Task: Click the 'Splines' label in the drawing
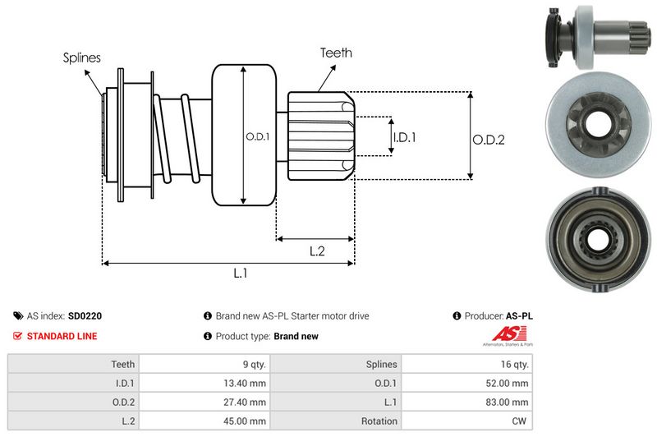pos(81,57)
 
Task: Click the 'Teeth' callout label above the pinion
pos(336,53)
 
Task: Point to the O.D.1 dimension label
pos(257,136)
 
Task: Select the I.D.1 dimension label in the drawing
pos(404,137)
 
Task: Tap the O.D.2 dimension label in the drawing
pos(488,140)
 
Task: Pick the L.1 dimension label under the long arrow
pos(241,274)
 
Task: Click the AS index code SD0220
pos(85,315)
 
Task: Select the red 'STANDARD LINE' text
pos(62,336)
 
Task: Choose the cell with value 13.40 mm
pos(246,383)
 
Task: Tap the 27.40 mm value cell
pos(246,402)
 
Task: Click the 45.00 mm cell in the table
pos(246,421)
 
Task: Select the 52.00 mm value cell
pos(509,383)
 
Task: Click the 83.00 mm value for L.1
pos(509,402)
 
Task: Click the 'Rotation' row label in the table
pos(379,421)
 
